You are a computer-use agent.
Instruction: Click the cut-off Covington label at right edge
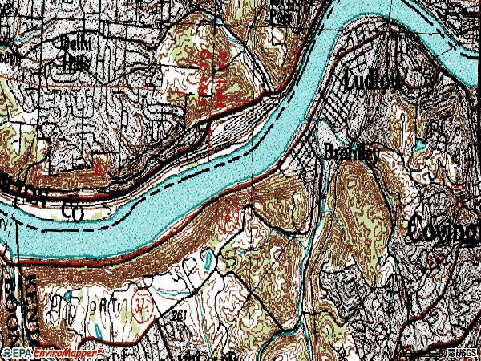coord(444,229)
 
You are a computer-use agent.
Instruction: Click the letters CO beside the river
coord(73,212)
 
